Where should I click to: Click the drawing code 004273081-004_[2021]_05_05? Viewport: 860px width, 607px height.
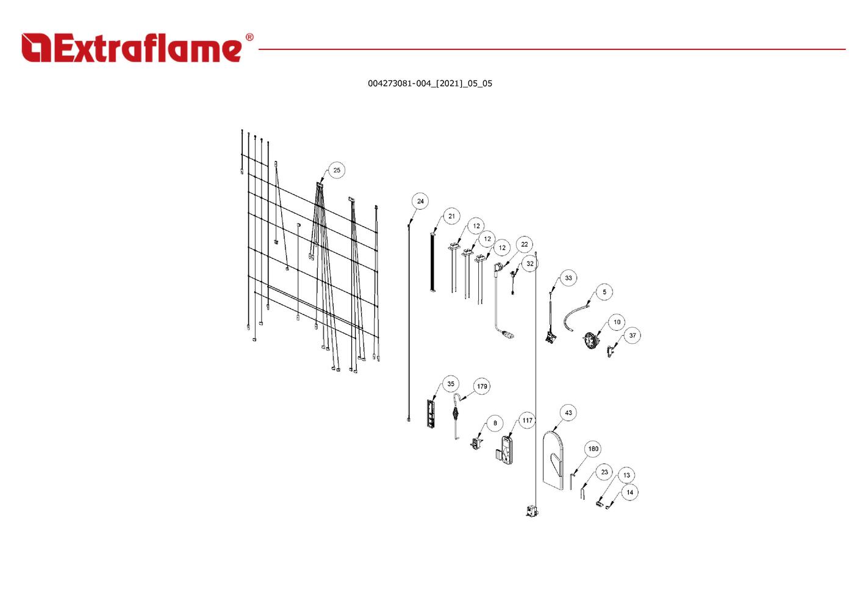point(429,83)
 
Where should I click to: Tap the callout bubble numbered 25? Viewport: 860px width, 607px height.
point(337,170)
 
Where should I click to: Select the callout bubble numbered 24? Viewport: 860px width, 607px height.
point(420,201)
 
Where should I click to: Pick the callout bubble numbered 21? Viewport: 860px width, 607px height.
point(451,216)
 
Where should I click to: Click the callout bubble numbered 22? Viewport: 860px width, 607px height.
point(525,244)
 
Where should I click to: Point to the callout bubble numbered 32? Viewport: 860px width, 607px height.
point(530,264)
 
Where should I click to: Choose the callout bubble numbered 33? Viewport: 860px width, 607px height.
point(568,278)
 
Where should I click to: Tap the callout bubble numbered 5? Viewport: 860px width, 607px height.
point(604,292)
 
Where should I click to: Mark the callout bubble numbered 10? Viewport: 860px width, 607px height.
point(617,322)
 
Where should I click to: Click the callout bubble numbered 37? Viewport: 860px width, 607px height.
point(632,335)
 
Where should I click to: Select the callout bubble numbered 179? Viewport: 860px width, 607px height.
point(482,386)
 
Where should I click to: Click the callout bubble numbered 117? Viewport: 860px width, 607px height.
point(527,420)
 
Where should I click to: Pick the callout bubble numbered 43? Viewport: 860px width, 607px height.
point(568,413)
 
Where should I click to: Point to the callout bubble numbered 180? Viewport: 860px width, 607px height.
point(593,449)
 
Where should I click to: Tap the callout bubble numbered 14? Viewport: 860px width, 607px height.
point(629,492)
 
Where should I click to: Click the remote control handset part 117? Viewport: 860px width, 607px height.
point(507,450)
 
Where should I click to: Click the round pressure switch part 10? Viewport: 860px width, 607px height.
point(590,340)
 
